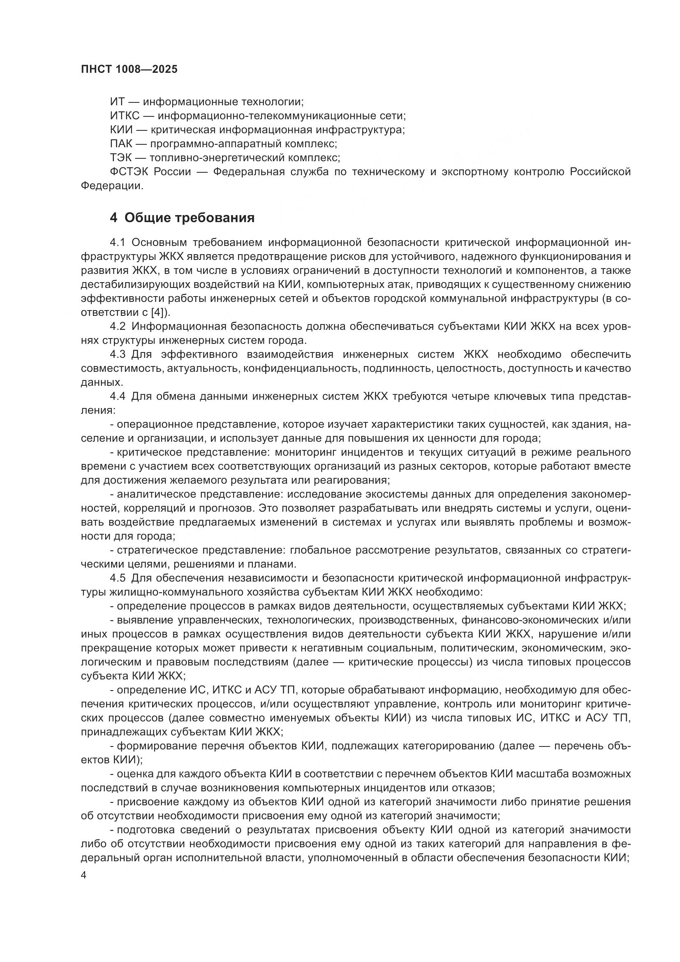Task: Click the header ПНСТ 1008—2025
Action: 129,69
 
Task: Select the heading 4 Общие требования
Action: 182,218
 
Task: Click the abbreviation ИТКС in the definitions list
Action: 124,116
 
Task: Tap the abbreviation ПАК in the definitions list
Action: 121,144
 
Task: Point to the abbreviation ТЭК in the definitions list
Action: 120,158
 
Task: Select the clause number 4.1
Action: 118,242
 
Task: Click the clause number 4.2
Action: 118,326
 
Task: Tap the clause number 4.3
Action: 118,354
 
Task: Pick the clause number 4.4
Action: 118,396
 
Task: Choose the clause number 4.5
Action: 118,578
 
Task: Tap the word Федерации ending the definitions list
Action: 111,185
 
